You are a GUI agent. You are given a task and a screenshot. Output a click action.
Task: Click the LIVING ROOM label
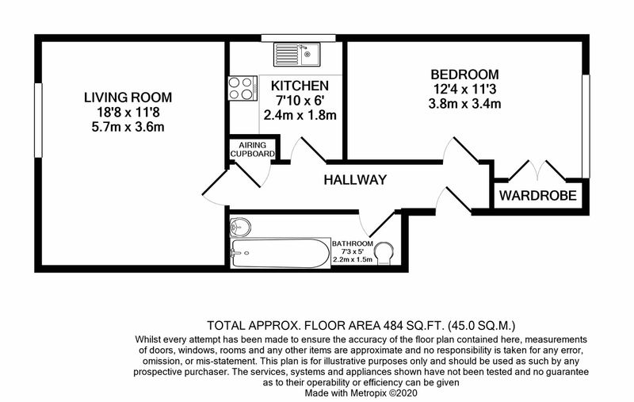128,98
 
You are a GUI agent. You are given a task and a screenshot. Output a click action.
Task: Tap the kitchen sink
296,55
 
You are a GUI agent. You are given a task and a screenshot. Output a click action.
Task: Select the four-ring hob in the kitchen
243,88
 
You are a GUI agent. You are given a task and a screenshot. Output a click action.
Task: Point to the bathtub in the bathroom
281,253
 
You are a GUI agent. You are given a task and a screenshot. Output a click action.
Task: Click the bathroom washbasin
240,227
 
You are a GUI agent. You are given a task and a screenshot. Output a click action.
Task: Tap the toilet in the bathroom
384,253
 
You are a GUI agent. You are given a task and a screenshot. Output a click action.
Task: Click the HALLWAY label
355,180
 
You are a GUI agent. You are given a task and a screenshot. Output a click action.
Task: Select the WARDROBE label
538,196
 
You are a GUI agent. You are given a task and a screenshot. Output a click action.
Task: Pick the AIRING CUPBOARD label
252,149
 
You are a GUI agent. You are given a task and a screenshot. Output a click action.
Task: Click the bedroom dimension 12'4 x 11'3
465,89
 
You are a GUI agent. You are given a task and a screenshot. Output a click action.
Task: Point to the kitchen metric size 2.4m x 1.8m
300,115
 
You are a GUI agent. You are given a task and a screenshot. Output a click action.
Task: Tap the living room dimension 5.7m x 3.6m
128,127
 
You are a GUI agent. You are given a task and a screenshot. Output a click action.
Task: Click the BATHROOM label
352,244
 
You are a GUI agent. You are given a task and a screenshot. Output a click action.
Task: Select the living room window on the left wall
38,120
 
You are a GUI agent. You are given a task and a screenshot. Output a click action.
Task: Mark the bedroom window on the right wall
586,126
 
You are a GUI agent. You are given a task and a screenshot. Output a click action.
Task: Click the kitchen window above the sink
299,38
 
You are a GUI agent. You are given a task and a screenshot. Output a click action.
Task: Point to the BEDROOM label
465,75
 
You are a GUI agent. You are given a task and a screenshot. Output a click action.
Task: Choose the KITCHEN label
300,86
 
